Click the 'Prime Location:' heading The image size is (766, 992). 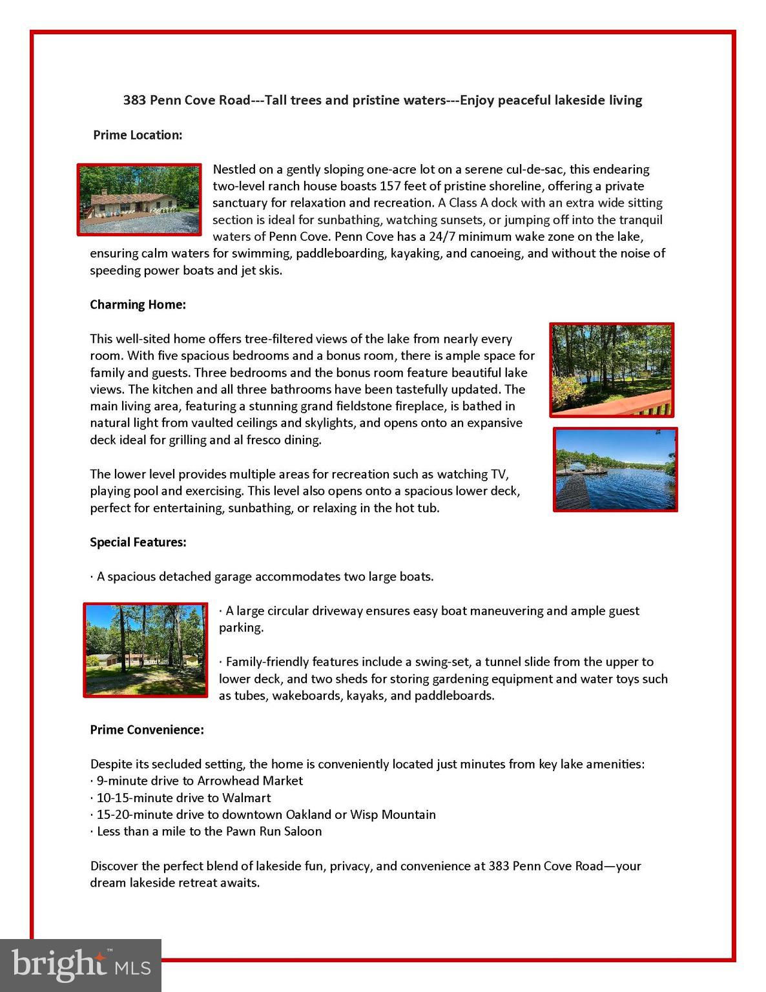138,135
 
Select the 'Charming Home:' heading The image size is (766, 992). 138,304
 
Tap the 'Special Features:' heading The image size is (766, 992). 138,542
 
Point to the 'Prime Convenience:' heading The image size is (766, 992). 147,730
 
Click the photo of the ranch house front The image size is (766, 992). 140,199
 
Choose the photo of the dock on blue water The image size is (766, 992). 615,470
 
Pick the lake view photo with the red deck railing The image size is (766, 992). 612,370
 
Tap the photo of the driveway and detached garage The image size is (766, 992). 145,650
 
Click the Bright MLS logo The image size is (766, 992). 80,965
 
